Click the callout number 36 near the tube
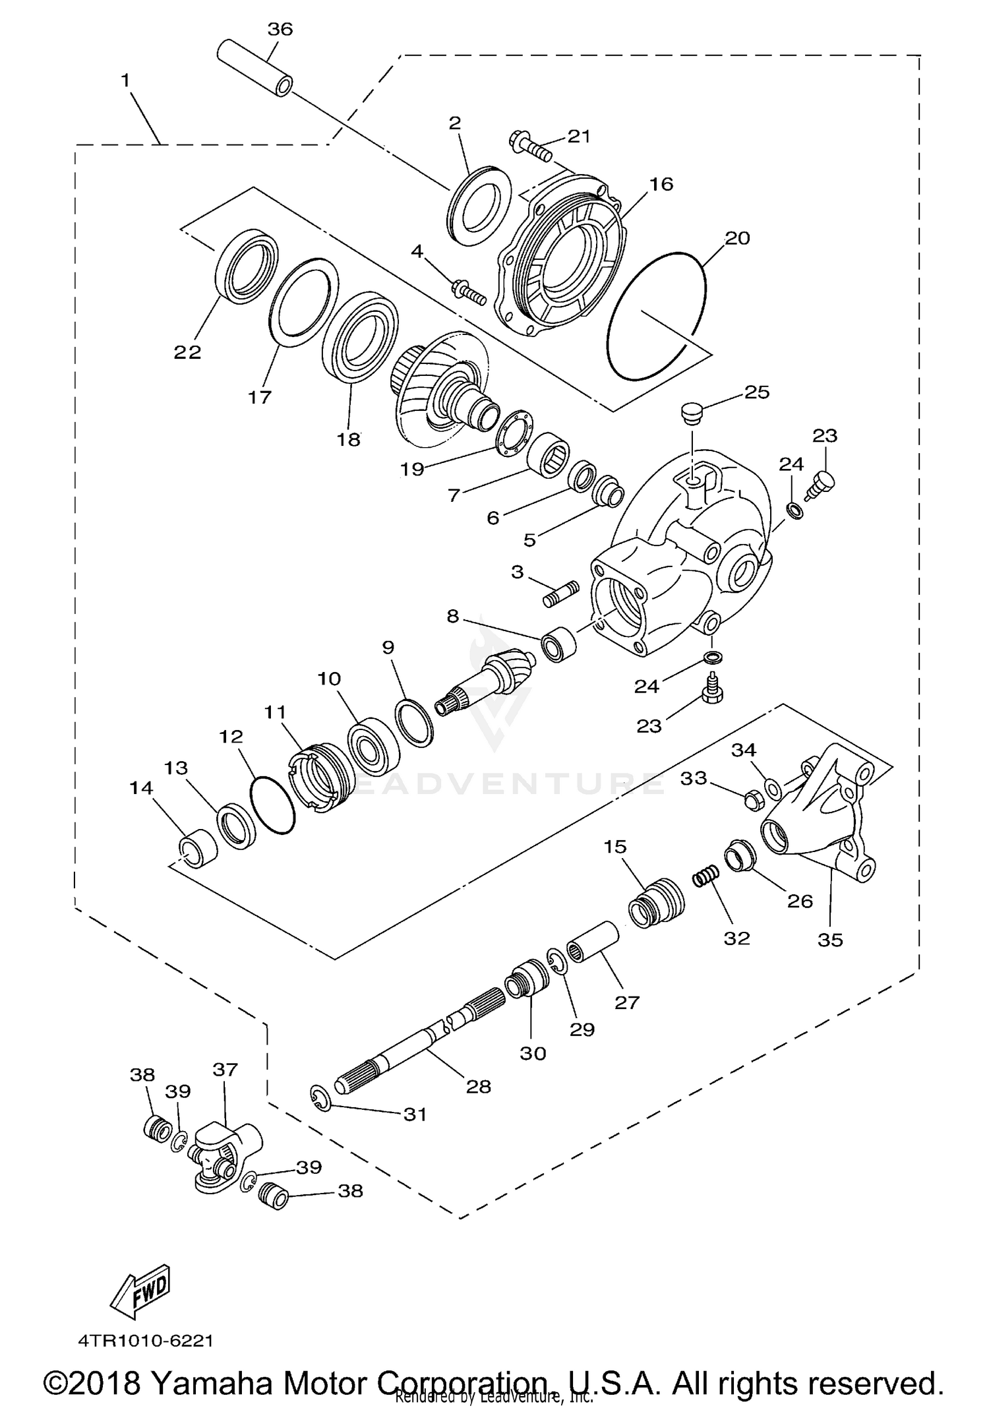pyautogui.click(x=280, y=29)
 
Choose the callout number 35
pyautogui.click(x=830, y=940)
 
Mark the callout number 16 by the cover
pyautogui.click(x=661, y=184)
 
